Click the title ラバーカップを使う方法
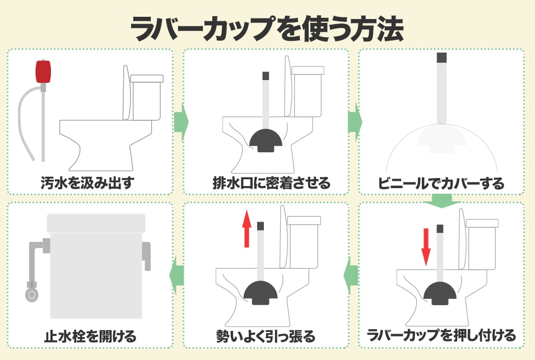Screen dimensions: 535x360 coord(267,29)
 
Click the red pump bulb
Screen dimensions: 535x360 coord(43,71)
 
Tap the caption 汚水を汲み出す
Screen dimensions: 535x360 coord(88,183)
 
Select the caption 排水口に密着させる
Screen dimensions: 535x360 coord(272,183)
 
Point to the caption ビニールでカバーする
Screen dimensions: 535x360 coord(441,183)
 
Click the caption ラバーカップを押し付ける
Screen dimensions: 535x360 coord(441,335)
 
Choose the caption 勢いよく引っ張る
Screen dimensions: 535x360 coord(266,336)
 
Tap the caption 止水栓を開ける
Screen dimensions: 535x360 coord(90,336)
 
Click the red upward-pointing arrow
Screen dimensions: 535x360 coord(246,230)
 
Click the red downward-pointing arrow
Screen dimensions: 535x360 coord(426,247)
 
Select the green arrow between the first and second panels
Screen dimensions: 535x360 coord(182,121)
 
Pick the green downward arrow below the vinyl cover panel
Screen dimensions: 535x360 coord(441,201)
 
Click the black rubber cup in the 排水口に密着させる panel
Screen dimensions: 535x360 coord(266,140)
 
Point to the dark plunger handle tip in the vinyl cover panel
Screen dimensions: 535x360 coord(442,57)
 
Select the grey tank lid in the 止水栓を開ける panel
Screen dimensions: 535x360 coord(96,223)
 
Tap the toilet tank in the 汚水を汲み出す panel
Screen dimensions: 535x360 coord(147,98)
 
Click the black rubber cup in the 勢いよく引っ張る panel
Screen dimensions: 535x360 coord(260,293)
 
